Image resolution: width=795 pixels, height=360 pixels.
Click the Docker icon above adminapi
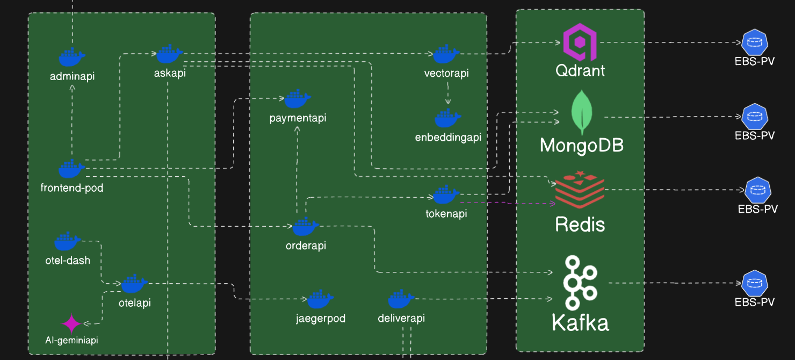click(72, 57)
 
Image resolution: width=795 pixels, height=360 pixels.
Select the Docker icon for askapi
click(170, 54)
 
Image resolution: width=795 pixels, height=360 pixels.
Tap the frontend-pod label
click(72, 188)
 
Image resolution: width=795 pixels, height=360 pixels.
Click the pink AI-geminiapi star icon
click(71, 323)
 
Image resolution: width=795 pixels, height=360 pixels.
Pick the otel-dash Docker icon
click(68, 241)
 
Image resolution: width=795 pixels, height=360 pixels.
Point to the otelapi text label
click(134, 303)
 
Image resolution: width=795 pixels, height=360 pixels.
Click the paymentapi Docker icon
click(298, 99)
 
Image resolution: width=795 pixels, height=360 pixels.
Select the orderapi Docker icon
click(306, 227)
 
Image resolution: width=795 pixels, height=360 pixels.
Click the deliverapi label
click(401, 318)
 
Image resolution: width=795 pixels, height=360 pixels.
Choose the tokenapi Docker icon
click(446, 195)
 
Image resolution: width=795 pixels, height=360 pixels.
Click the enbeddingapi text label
click(448, 137)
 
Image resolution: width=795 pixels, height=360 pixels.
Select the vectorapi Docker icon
click(446, 54)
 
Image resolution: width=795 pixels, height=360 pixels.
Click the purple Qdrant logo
click(580, 42)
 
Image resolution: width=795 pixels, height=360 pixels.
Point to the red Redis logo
click(580, 190)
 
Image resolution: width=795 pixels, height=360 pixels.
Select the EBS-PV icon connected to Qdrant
click(755, 42)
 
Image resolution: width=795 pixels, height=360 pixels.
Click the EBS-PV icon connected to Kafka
click(755, 283)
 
